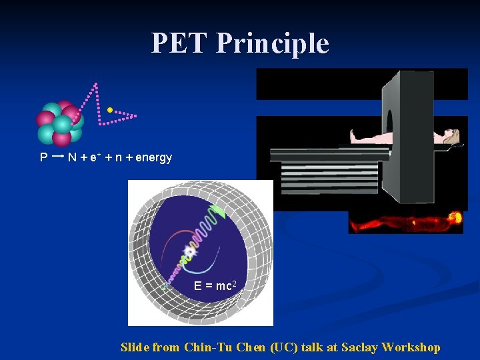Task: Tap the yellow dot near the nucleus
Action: [x=109, y=109]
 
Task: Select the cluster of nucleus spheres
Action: [x=60, y=123]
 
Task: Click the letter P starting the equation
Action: [x=43, y=158]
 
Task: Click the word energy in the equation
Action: [x=153, y=158]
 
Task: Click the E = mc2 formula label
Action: [x=213, y=285]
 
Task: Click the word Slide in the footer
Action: [x=135, y=347]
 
